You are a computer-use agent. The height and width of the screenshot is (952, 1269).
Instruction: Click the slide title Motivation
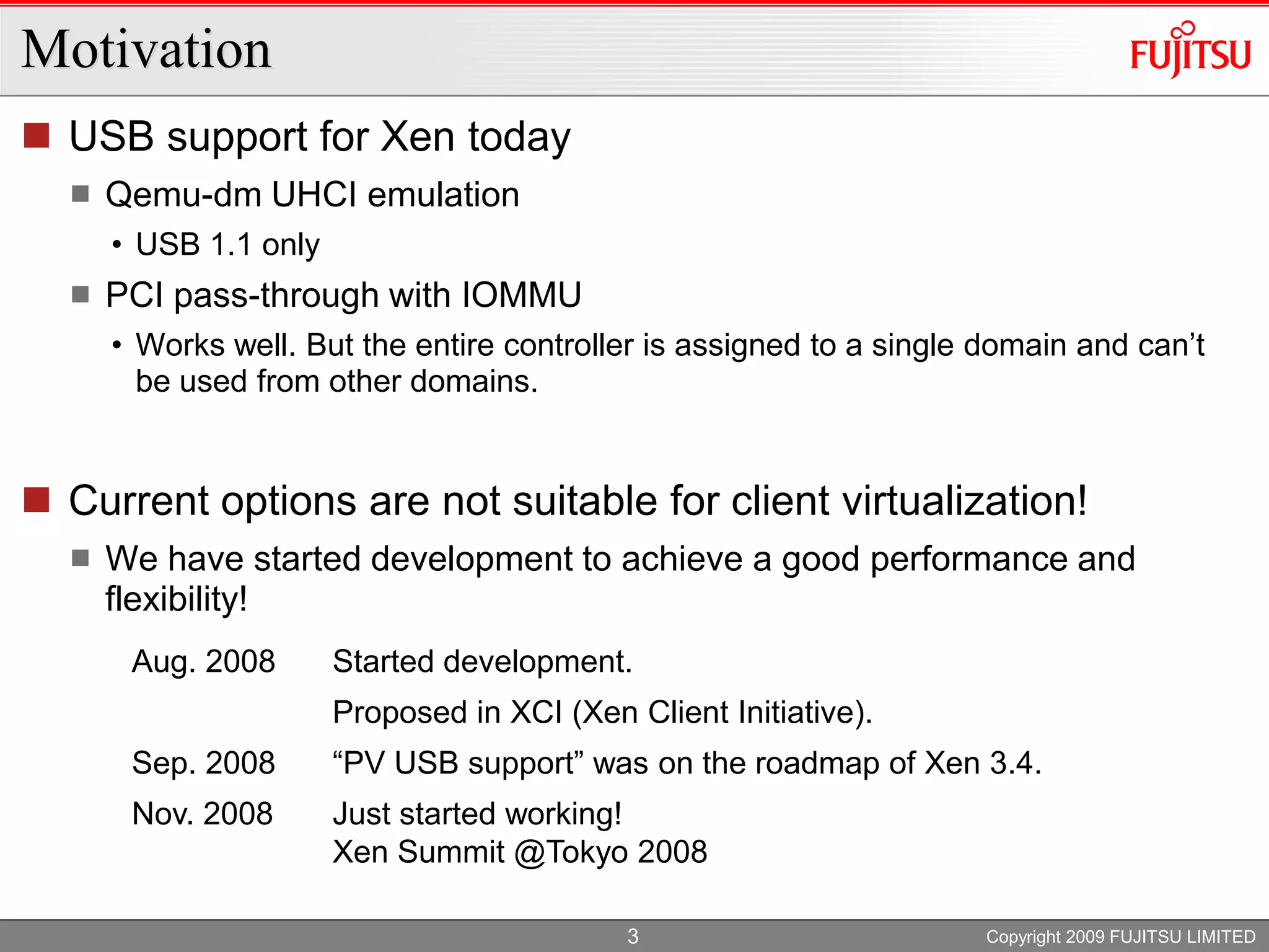146,50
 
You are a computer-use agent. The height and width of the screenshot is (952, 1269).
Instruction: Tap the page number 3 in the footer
633,936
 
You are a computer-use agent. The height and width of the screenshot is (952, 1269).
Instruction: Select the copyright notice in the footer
1120,937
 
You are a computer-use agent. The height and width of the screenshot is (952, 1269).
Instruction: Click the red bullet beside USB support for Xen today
37,136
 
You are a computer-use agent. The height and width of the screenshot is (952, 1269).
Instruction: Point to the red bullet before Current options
37,500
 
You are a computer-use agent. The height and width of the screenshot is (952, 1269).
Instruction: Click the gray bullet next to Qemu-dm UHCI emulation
81,195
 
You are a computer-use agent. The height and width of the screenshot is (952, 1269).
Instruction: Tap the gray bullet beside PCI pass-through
81,294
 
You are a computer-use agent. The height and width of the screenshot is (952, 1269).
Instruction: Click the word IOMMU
521,294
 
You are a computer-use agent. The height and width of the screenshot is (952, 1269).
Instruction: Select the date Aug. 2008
203,661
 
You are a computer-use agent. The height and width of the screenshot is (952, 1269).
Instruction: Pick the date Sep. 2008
203,762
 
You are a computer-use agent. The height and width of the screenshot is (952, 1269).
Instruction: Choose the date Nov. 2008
202,813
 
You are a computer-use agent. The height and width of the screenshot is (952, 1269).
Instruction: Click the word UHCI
314,195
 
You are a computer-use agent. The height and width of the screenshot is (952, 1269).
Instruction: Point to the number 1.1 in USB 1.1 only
231,244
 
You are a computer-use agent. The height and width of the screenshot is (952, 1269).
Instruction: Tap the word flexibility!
176,599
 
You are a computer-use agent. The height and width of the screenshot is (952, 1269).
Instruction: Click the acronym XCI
536,712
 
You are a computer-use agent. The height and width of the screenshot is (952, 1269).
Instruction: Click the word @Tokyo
570,852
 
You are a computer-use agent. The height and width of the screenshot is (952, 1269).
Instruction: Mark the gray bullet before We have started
81,558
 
